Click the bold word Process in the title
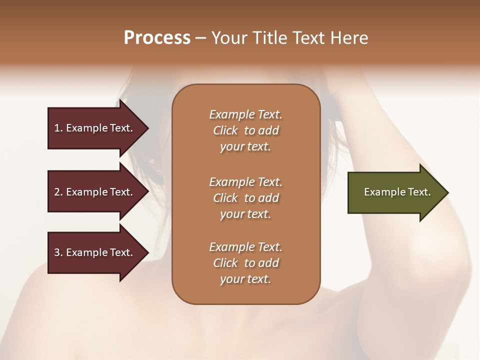click(x=157, y=38)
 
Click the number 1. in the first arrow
click(x=58, y=128)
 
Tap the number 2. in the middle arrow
click(x=58, y=192)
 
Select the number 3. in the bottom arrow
click(x=58, y=252)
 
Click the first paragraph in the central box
click(x=245, y=130)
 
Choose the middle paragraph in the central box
click(x=245, y=198)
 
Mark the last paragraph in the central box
click(x=245, y=263)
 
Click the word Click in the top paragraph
click(x=225, y=130)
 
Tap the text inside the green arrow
click(x=397, y=192)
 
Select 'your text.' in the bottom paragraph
click(x=245, y=279)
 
